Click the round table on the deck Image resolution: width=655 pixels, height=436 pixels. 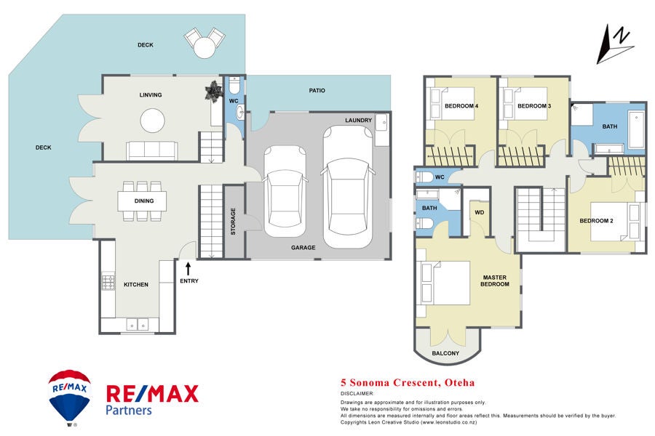point(205,47)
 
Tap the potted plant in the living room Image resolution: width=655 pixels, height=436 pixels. point(213,90)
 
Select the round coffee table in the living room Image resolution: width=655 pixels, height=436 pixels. point(153,121)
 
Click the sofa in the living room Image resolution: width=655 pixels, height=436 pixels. point(152,150)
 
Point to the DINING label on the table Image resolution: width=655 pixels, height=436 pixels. point(144,201)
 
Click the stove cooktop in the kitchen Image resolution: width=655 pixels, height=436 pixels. point(108,281)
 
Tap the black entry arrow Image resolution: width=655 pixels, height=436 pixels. point(188,268)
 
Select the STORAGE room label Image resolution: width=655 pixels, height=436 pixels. point(233,221)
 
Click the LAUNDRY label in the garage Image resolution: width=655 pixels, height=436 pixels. point(358,120)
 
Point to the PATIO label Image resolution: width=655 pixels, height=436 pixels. point(317,90)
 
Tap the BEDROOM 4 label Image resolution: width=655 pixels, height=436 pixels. point(461,106)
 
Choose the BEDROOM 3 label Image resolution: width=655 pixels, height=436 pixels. point(534,106)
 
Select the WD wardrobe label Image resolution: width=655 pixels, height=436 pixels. point(480,212)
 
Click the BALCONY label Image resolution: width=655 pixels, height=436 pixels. point(445,353)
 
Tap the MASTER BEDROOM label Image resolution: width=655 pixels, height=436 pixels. point(495,280)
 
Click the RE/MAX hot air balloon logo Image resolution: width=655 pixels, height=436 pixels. point(69,397)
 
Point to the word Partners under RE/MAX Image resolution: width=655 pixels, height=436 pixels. point(129,410)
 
